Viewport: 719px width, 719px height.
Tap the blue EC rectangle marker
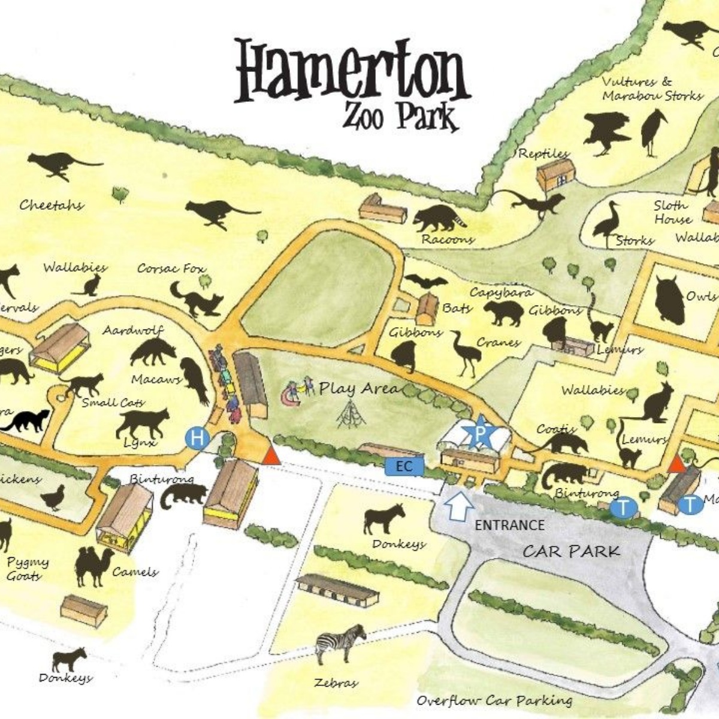tap(404, 466)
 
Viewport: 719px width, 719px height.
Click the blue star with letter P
tap(480, 434)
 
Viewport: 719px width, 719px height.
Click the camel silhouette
tap(93, 567)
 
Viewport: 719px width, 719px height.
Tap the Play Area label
tap(358, 388)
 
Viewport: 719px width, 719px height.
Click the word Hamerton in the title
tap(351, 72)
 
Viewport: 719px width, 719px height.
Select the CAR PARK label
tap(571, 551)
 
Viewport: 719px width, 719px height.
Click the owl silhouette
tap(669, 300)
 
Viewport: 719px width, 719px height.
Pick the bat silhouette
tap(426, 282)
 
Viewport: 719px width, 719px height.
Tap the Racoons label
tap(448, 240)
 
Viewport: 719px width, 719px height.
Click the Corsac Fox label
tap(171, 268)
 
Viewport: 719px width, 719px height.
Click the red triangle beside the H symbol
tap(271, 455)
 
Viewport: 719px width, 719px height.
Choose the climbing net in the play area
tap(351, 415)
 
